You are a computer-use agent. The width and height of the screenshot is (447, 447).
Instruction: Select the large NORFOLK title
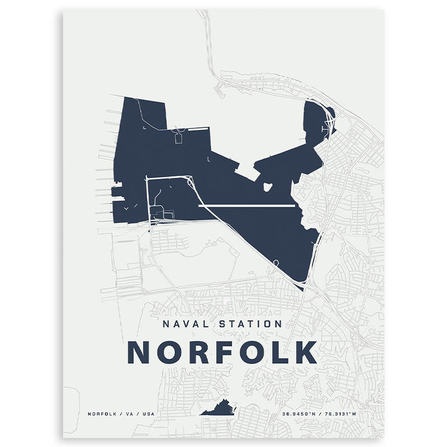point(222,352)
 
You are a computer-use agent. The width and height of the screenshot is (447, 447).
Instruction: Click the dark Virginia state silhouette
point(220,409)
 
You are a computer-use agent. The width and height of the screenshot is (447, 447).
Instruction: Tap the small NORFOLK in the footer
point(102,414)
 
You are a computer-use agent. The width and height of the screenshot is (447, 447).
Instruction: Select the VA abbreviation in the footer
point(127,414)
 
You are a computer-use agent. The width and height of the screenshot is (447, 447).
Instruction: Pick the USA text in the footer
point(148,414)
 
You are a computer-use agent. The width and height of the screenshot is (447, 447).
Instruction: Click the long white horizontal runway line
point(246,206)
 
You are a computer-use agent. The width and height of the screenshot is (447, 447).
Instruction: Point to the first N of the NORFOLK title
point(139,352)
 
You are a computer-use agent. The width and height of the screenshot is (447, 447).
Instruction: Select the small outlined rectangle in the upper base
point(179,138)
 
